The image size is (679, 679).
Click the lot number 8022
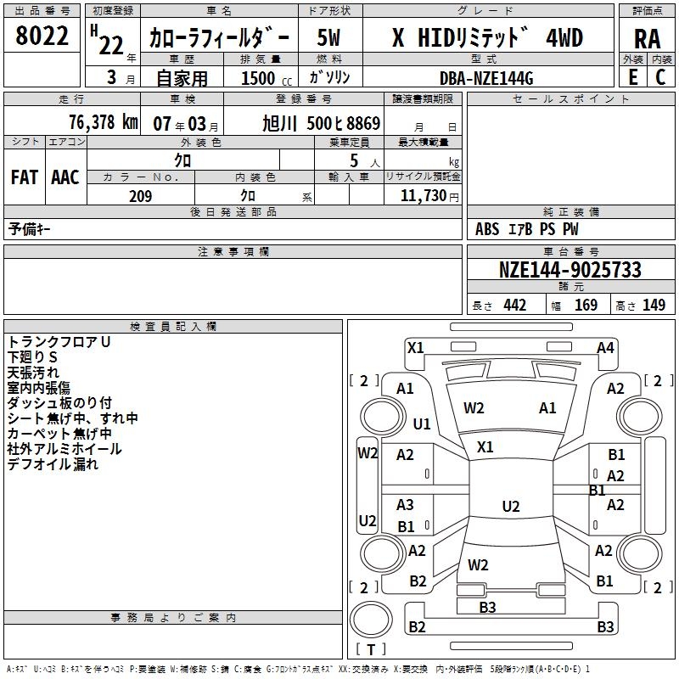point(42,36)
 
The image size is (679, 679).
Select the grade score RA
point(647,38)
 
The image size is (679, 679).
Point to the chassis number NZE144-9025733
point(570,271)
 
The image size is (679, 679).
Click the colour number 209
point(140,196)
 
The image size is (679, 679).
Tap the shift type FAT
point(25,177)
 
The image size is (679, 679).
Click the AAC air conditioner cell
point(65,177)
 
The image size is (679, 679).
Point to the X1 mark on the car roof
point(485,446)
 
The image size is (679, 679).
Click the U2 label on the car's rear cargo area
point(510,507)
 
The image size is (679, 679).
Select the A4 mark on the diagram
point(605,347)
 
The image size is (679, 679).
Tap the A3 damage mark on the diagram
point(406,505)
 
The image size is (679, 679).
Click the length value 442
point(514,306)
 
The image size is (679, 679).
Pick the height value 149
point(654,306)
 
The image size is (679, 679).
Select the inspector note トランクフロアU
point(59,342)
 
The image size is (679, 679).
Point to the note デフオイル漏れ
point(53,464)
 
